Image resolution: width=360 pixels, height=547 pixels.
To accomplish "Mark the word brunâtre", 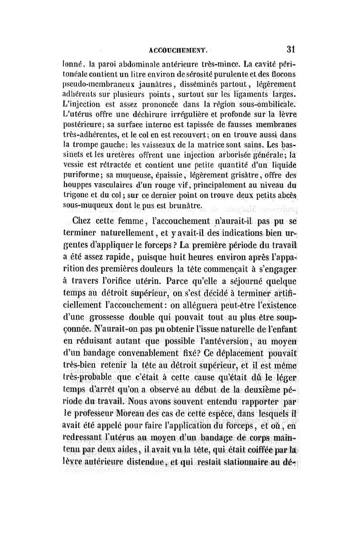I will [x=183, y=207].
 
